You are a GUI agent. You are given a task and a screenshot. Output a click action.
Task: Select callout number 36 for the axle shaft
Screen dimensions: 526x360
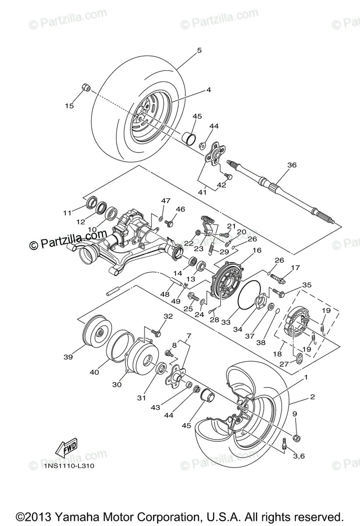tap(292, 165)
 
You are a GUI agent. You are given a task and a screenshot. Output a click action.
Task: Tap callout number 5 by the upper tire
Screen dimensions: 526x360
tap(199, 50)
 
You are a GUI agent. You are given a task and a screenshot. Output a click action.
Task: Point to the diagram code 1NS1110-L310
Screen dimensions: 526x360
tap(69, 466)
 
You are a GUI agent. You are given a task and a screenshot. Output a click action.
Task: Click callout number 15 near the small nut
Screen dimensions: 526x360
tap(69, 106)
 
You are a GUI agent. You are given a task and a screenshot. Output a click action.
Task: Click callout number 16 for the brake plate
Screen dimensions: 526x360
tap(256, 250)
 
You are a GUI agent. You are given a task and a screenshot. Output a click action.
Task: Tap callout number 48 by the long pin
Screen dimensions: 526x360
tap(165, 295)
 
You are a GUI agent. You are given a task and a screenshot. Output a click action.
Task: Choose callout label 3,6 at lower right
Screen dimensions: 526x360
tap(299, 456)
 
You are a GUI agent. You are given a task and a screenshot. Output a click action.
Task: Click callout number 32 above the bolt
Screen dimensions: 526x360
tap(168, 316)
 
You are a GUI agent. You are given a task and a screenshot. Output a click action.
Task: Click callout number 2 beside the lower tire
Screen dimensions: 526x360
tap(312, 397)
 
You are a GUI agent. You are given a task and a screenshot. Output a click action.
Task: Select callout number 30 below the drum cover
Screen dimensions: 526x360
tap(117, 384)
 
